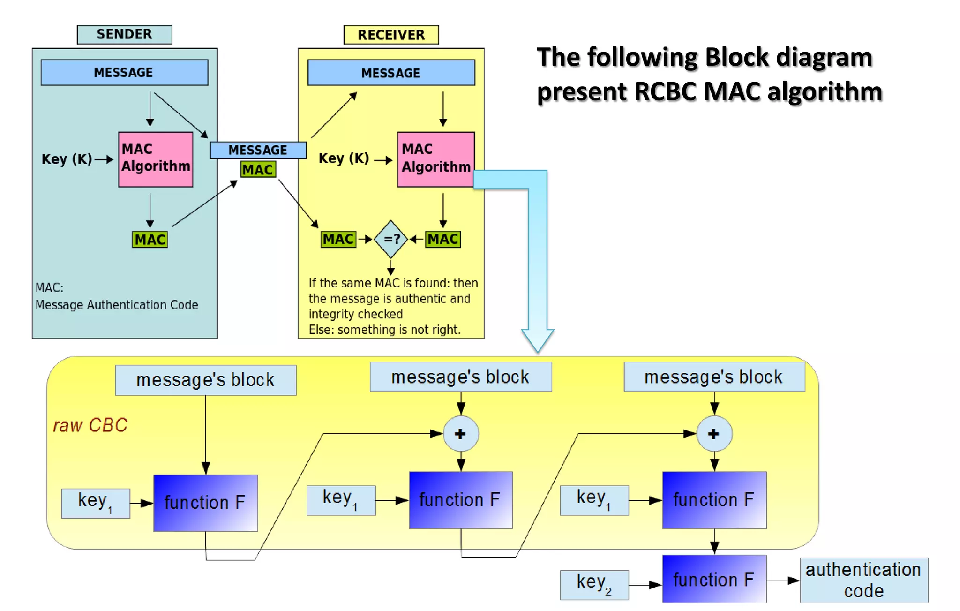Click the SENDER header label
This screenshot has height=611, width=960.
pyautogui.click(x=124, y=35)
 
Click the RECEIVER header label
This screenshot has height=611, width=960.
pyautogui.click(x=391, y=35)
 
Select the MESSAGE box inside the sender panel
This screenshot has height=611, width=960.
pyautogui.click(x=124, y=72)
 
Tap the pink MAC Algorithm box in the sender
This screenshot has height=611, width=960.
pyautogui.click(x=156, y=159)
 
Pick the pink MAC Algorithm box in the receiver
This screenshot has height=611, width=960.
pyautogui.click(x=435, y=159)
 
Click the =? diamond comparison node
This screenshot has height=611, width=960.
pyautogui.click(x=391, y=239)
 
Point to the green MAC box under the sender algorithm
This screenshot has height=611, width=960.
pyautogui.click(x=150, y=240)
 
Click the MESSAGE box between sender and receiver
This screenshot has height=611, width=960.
pyautogui.click(x=258, y=150)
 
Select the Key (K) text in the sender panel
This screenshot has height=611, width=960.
pyautogui.click(x=67, y=159)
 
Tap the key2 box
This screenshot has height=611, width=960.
pyautogui.click(x=594, y=584)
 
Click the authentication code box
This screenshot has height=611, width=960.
pyautogui.click(x=863, y=580)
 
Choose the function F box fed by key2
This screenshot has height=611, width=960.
pyautogui.click(x=714, y=580)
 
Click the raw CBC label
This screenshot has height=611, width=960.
pyautogui.click(x=90, y=425)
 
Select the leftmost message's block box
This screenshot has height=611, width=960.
pyautogui.click(x=205, y=380)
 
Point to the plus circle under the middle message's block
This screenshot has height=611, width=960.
pyautogui.click(x=461, y=434)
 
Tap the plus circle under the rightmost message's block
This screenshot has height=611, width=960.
pyautogui.click(x=714, y=434)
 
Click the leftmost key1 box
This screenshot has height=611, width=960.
pyautogui.click(x=95, y=503)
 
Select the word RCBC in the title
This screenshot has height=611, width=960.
pyautogui.click(x=666, y=91)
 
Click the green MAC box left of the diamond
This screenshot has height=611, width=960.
pyautogui.click(x=338, y=239)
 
